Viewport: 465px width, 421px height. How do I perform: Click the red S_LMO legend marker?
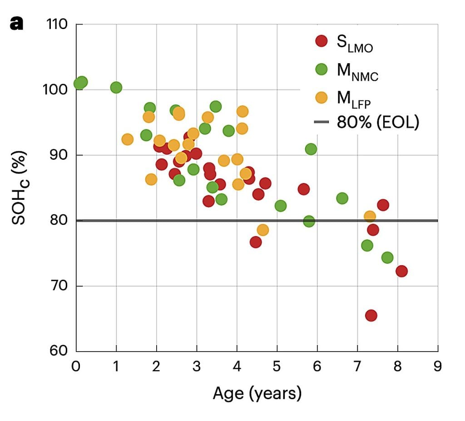[x=322, y=41]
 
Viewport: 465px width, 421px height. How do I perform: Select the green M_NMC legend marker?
[x=322, y=69]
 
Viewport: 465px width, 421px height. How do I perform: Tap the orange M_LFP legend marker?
[x=322, y=97]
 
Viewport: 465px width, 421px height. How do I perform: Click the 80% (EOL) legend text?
[x=378, y=122]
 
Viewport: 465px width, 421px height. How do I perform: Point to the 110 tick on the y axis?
[x=57, y=25]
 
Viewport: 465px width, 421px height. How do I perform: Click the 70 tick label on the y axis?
[x=59, y=286]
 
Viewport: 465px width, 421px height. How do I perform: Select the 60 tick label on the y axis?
[x=59, y=351]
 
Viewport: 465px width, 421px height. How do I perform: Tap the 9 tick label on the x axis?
[x=438, y=367]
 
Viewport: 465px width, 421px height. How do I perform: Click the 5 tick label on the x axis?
[x=277, y=367]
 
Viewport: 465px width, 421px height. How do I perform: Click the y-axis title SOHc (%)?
[x=20, y=188]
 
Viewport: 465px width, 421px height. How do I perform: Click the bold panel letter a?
[x=17, y=24]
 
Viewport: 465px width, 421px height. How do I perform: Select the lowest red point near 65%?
[x=371, y=315]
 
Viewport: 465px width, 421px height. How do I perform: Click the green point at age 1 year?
[x=116, y=88]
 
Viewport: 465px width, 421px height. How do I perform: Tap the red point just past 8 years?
[x=401, y=271]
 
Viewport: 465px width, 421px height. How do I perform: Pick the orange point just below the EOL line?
[x=263, y=230]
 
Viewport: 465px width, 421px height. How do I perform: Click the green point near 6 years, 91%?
[x=311, y=149]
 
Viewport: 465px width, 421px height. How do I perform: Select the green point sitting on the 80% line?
[x=309, y=221]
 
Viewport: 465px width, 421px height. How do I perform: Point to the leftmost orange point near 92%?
[x=128, y=139]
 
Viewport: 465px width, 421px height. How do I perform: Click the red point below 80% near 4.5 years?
[x=256, y=243]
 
